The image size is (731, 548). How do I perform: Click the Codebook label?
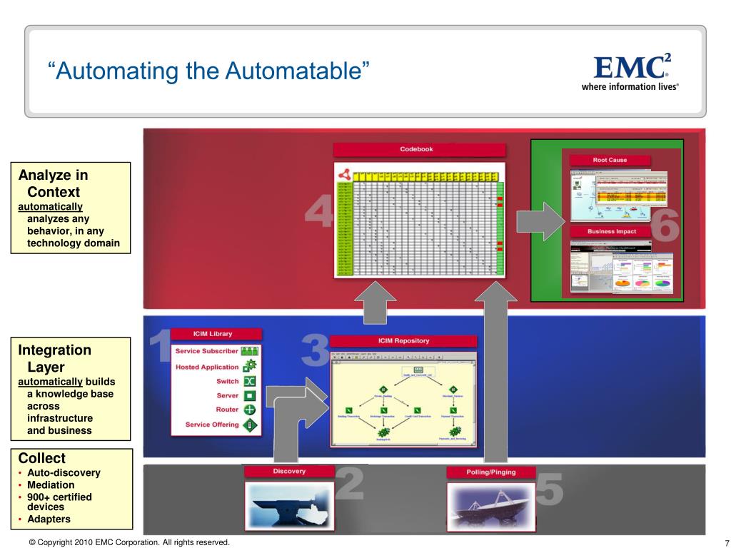419,150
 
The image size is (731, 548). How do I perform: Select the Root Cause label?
609,161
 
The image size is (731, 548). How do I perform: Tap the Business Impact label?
611,232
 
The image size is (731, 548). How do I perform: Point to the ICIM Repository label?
403,341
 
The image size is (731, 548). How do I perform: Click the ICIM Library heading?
212,334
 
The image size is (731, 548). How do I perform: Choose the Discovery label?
288,472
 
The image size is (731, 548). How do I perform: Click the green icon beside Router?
250,410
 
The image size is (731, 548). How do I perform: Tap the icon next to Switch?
250,382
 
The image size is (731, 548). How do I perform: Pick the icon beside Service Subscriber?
250,352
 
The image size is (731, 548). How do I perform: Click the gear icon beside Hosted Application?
250,367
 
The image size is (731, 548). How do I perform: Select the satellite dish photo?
490,505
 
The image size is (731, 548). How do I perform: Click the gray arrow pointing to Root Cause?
540,221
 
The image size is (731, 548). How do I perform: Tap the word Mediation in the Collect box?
51,485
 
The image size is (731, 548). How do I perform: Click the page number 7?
725,543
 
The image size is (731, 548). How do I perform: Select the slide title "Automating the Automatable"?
210,71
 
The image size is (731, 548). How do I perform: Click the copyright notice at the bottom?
129,543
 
